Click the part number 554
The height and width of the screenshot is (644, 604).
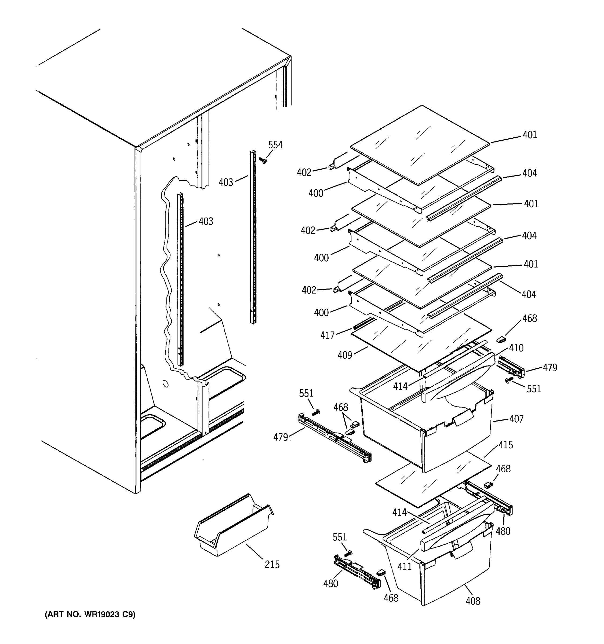275,145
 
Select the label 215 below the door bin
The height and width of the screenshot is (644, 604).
272,565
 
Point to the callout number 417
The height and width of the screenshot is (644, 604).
327,335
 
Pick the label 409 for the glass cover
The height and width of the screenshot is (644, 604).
344,355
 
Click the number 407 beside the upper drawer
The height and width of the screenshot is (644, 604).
516,419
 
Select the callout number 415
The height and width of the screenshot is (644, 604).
505,445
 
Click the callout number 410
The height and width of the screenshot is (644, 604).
516,348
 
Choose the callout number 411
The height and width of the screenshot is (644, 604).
404,566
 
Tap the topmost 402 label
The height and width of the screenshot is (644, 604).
304,173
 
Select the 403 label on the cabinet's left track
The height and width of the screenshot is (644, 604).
206,222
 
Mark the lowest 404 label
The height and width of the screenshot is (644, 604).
529,294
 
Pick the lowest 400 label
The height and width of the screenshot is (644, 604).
321,313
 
